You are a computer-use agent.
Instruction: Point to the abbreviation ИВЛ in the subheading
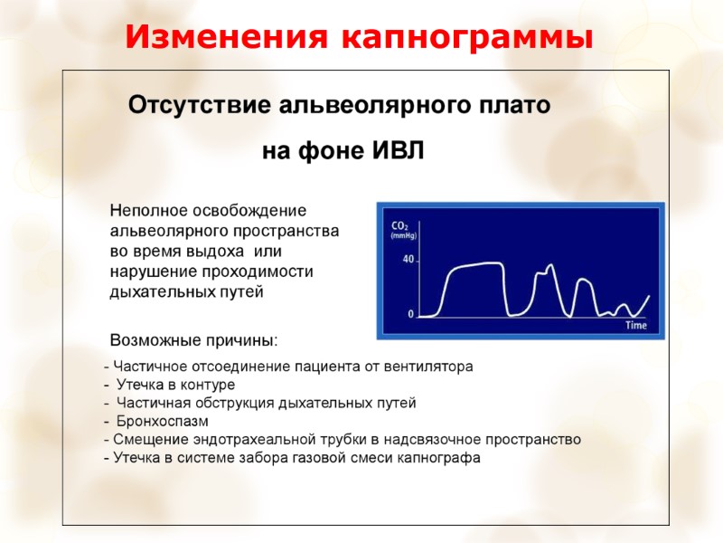click(398, 149)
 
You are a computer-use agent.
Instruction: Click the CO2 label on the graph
click(399, 225)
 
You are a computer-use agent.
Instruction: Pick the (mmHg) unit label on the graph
click(402, 235)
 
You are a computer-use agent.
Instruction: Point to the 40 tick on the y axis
click(408, 260)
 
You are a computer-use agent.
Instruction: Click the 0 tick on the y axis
click(411, 314)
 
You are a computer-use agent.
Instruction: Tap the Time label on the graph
click(637, 325)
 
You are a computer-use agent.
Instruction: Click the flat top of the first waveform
click(479, 264)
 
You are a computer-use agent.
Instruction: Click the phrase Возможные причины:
click(194, 341)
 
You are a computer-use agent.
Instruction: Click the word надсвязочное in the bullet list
click(430, 440)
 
